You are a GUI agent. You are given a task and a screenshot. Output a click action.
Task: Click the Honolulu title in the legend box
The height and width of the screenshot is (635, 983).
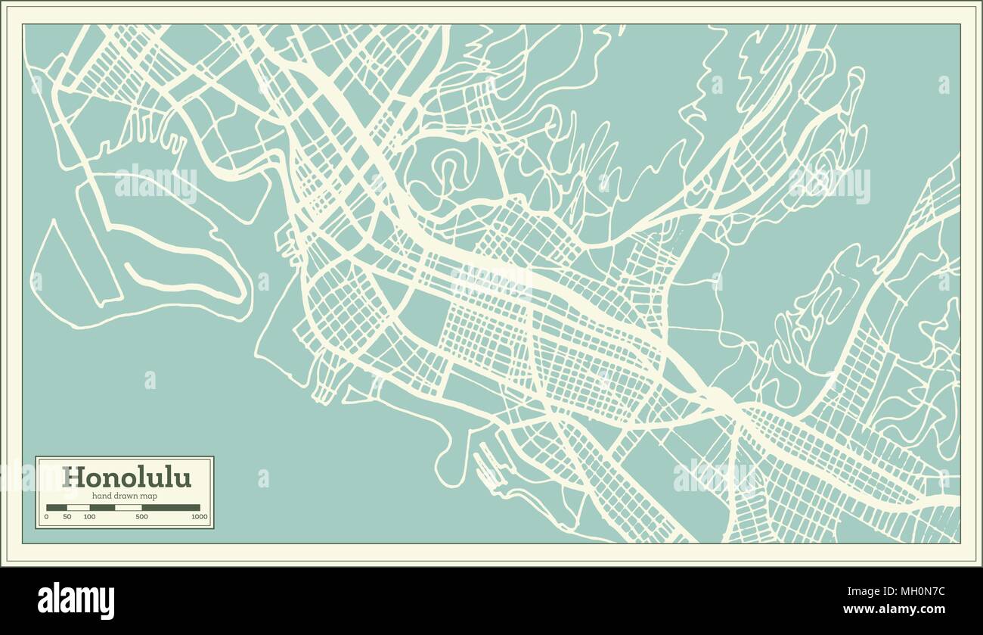tap(126, 478)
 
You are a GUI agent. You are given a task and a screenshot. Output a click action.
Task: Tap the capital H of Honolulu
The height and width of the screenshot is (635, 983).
tap(73, 478)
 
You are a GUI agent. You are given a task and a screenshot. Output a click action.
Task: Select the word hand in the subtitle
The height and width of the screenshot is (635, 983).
tap(101, 495)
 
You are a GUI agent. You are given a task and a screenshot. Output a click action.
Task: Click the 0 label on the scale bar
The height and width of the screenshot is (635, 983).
tap(46, 517)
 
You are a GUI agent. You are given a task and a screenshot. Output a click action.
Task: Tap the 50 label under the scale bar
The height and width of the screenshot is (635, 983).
tap(67, 517)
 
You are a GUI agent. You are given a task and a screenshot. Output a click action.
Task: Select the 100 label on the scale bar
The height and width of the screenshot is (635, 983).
tap(89, 517)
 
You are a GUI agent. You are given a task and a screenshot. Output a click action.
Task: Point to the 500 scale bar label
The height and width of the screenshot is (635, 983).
tap(141, 517)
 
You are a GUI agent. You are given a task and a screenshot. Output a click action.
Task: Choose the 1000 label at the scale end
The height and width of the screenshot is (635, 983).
tap(200, 517)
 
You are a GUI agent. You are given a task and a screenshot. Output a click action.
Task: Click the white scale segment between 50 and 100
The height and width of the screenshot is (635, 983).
tap(78, 508)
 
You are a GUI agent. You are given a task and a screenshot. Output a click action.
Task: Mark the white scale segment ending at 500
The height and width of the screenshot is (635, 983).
tap(128, 508)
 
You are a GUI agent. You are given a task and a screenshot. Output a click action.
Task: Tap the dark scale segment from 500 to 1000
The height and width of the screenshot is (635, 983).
tap(171, 508)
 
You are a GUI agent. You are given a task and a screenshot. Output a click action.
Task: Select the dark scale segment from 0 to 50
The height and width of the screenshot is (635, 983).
tap(57, 508)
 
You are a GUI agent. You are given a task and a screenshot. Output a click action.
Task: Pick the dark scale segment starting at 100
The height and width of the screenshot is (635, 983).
tap(102, 508)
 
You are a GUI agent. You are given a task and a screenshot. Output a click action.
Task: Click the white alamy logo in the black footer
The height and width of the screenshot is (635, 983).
tap(76, 601)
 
